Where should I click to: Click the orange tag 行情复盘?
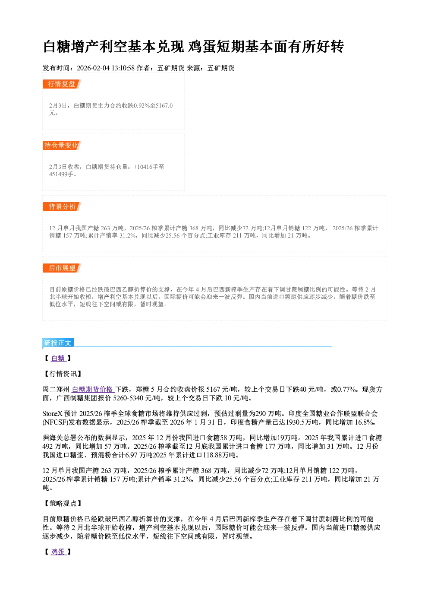62,84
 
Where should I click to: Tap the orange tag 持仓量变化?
62,146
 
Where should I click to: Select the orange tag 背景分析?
62,207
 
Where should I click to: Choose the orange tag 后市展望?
62,268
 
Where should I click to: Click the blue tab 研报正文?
58,343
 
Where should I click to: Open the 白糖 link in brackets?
58,359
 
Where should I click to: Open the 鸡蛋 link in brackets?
58,552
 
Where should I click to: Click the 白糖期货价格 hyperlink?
93,390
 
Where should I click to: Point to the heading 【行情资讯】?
62,374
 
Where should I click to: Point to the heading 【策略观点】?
62,504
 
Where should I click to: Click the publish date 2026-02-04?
93,68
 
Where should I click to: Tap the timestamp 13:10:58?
123,68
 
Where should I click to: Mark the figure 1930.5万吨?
302,422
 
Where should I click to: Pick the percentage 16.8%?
365,422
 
